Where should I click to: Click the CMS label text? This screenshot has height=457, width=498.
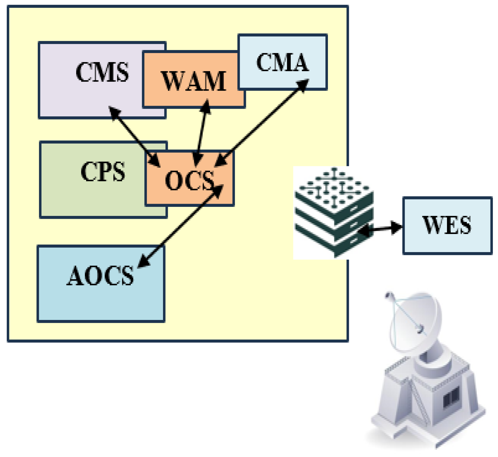(102, 72)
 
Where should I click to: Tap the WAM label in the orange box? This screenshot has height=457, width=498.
(193, 81)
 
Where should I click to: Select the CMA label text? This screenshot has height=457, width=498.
(282, 62)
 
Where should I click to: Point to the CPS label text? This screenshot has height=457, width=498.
(103, 171)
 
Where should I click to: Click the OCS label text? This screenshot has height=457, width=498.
(189, 180)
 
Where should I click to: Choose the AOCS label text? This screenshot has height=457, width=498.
(100, 275)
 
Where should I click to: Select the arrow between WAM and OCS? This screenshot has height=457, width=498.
(201, 133)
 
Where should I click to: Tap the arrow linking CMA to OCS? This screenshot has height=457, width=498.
(261, 123)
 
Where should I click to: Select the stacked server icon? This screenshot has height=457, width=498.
(334, 212)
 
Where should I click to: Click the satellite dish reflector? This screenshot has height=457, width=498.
(415, 322)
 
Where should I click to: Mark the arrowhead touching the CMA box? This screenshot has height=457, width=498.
(302, 85)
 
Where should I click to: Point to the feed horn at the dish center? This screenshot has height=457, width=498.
(420, 329)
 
